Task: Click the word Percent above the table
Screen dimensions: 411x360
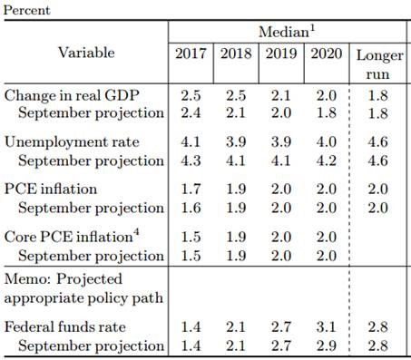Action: click(x=26, y=10)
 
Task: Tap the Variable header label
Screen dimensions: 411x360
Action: click(x=86, y=53)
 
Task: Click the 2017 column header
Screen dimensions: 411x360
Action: click(x=191, y=54)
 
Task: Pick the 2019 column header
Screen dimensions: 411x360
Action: click(x=281, y=54)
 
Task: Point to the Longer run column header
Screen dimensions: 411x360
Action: click(x=380, y=64)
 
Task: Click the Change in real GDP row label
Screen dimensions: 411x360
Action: click(x=72, y=96)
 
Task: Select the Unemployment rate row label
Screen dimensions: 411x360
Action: click(x=72, y=142)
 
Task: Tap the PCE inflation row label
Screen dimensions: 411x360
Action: click(x=51, y=190)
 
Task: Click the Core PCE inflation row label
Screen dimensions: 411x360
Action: click(x=72, y=236)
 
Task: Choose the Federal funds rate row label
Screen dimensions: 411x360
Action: click(x=65, y=327)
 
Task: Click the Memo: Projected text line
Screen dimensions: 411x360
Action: click(x=64, y=279)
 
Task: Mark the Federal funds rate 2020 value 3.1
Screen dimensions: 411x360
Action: click(x=327, y=327)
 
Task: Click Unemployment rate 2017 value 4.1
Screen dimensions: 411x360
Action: click(x=191, y=142)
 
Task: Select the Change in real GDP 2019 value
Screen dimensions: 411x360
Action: click(x=281, y=96)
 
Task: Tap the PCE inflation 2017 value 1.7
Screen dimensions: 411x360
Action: click(x=191, y=190)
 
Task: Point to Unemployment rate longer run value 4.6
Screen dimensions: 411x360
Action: click(x=377, y=142)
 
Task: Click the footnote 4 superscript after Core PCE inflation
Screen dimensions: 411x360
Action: click(x=136, y=232)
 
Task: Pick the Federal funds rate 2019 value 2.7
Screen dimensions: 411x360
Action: click(x=281, y=327)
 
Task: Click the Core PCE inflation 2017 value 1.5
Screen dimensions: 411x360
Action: click(x=191, y=237)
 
